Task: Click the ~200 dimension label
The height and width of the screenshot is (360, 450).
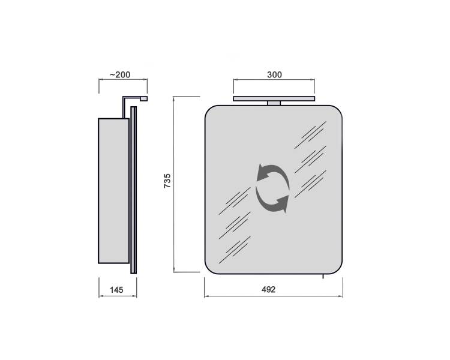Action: pos(120,74)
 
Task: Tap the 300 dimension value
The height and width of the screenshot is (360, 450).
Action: pos(274,74)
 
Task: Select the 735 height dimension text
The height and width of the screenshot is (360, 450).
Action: pos(167,181)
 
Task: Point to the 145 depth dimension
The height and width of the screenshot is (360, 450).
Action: pos(116,290)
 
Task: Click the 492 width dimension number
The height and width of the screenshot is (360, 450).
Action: pos(268,290)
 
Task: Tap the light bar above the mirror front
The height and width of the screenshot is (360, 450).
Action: pos(274,99)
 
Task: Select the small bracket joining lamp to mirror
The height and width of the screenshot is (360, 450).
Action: pos(274,103)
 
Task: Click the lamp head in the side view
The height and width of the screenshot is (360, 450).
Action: pos(144,99)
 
